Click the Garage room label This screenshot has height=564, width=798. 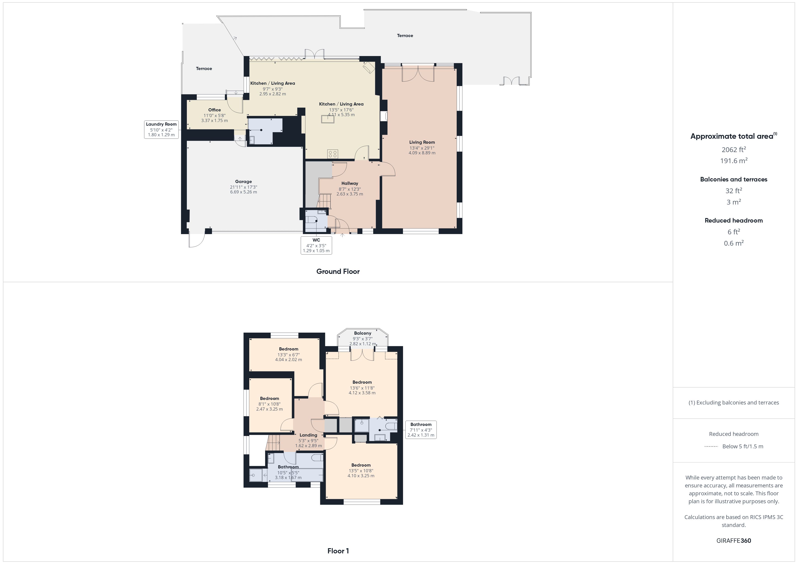click(x=243, y=181)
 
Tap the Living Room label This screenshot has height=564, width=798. click(x=422, y=142)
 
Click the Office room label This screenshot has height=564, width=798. click(x=214, y=110)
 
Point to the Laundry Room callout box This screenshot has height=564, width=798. click(x=161, y=129)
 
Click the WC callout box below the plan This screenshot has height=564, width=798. click(x=316, y=245)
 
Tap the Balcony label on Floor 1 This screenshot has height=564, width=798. click(x=363, y=333)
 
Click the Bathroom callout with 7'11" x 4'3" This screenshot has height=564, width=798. click(x=421, y=430)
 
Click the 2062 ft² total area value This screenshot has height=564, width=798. click(x=734, y=150)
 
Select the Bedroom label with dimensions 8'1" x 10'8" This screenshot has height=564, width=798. click(x=269, y=398)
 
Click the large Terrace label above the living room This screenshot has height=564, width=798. click(x=405, y=35)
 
